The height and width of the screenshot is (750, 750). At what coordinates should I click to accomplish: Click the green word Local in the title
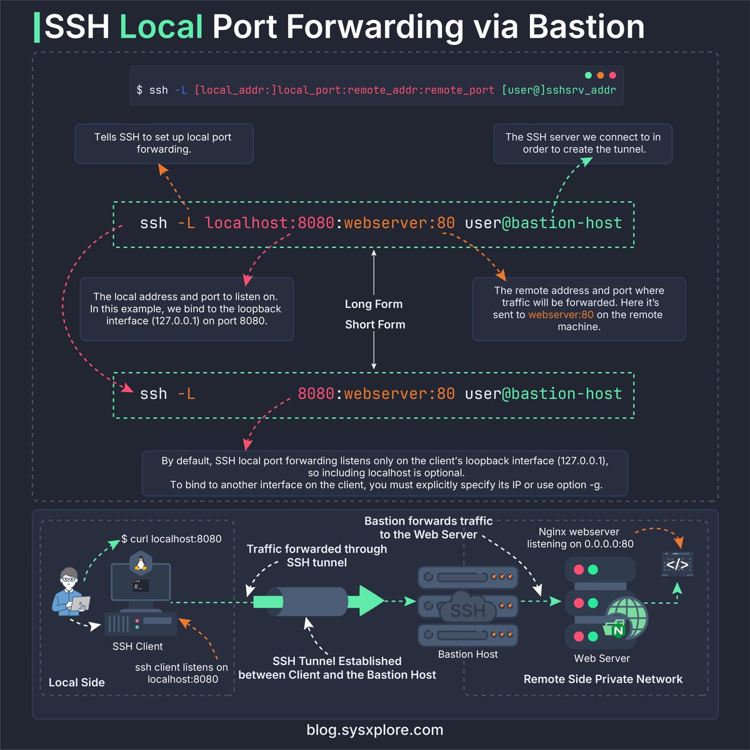click(161, 27)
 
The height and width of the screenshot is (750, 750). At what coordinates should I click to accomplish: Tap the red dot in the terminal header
click(612, 75)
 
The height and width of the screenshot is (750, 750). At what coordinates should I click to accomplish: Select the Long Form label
click(374, 304)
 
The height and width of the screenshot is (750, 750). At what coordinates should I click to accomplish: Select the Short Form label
click(375, 324)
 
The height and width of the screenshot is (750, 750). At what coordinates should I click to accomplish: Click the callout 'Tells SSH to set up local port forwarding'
click(163, 143)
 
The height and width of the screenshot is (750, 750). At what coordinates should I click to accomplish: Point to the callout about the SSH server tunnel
click(582, 143)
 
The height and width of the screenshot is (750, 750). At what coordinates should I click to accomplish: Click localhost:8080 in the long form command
click(269, 223)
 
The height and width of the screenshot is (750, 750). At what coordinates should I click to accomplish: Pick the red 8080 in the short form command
click(316, 394)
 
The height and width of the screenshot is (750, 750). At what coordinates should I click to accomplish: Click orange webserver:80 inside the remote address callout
click(561, 314)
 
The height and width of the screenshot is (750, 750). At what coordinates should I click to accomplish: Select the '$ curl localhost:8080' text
click(171, 539)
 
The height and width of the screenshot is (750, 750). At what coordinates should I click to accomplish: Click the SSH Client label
click(137, 646)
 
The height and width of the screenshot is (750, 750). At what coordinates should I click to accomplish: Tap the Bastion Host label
click(468, 654)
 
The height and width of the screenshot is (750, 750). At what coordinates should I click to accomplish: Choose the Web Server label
click(602, 658)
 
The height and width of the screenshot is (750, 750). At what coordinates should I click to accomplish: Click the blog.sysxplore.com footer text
click(375, 729)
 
